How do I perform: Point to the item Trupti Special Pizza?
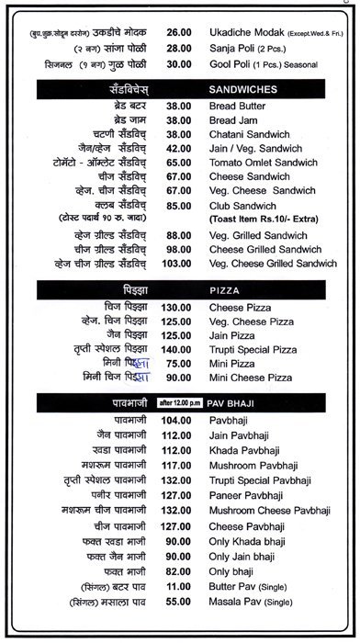click(253, 350)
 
